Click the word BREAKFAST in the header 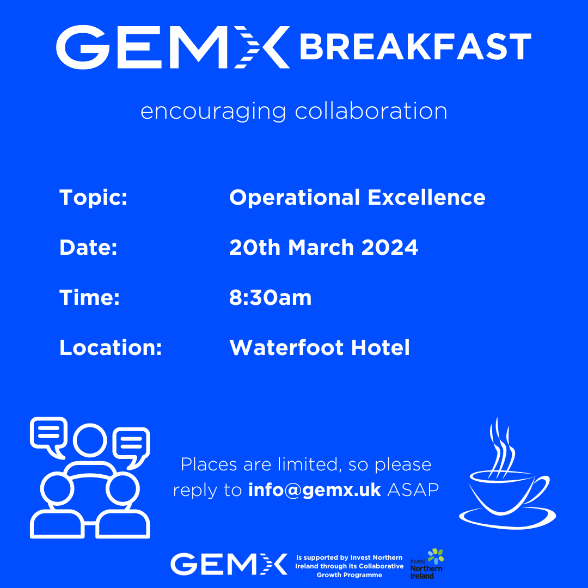(x=415, y=46)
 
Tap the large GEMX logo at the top (x=173, y=47)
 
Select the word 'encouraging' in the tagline (x=213, y=112)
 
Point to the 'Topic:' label (x=94, y=198)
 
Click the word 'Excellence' (x=427, y=197)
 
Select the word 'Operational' (x=295, y=198)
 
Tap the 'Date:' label (x=89, y=248)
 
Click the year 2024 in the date (x=390, y=248)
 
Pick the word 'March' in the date (x=321, y=248)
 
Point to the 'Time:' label (x=90, y=297)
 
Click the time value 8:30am (x=271, y=298)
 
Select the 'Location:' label (x=111, y=347)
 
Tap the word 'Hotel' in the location (x=381, y=347)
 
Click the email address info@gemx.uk (x=315, y=490)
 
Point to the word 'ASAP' (x=413, y=490)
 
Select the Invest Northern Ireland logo (x=427, y=564)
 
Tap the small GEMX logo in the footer (x=229, y=564)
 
